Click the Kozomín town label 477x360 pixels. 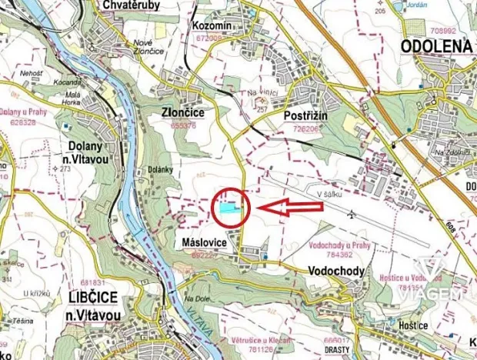[x=214, y=26]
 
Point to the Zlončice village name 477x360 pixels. [x=182, y=112]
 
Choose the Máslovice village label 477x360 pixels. [x=202, y=242]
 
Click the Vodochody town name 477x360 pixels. [x=334, y=271]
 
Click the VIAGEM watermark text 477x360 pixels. [x=440, y=294]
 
